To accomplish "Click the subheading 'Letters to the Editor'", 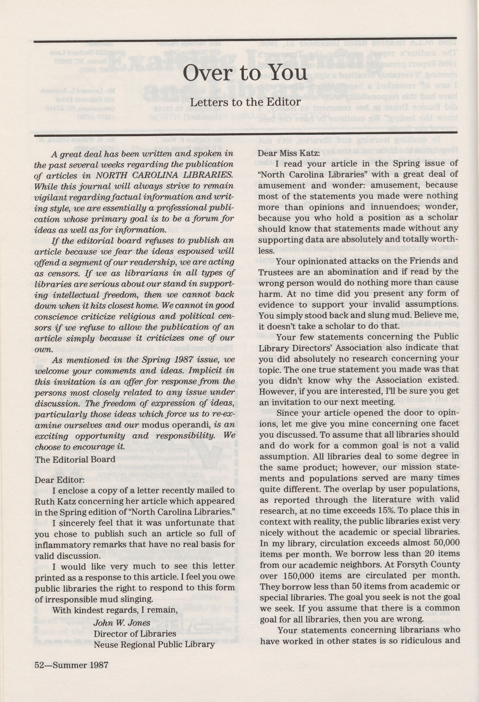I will (x=245, y=102).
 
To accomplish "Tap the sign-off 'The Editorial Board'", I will (x=75, y=459).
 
